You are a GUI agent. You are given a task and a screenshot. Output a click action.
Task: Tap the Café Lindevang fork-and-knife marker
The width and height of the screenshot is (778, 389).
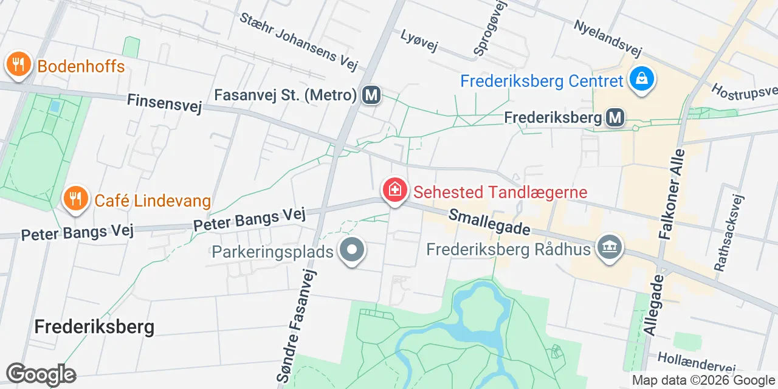click(x=75, y=198)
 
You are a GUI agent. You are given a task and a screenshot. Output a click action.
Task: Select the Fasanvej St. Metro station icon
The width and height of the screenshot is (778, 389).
click(x=371, y=95)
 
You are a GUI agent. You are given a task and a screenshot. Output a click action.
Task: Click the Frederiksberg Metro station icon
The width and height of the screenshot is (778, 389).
click(x=616, y=117)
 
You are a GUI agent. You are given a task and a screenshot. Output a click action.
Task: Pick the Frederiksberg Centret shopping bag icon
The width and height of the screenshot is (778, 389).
click(x=641, y=79)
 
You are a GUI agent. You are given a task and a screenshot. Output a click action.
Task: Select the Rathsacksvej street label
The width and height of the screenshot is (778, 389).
click(x=729, y=232)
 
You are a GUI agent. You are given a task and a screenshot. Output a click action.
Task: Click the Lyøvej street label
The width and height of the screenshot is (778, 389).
click(x=419, y=41)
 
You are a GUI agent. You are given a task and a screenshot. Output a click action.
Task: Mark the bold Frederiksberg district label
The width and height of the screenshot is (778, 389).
click(x=94, y=327)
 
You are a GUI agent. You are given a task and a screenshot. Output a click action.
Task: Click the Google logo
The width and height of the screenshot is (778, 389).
click(x=41, y=374)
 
